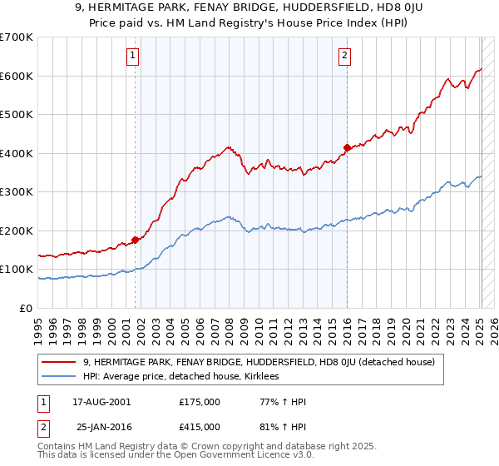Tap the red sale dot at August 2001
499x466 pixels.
[135, 240]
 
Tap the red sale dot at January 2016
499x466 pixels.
[347, 147]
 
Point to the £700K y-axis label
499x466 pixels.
[17, 37]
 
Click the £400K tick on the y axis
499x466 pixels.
[17, 153]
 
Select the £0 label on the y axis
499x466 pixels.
[27, 308]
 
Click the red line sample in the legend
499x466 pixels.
[59, 362]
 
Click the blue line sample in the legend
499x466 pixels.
[59, 376]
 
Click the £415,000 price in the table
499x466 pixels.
[200, 427]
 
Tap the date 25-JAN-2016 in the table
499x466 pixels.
[102, 427]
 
